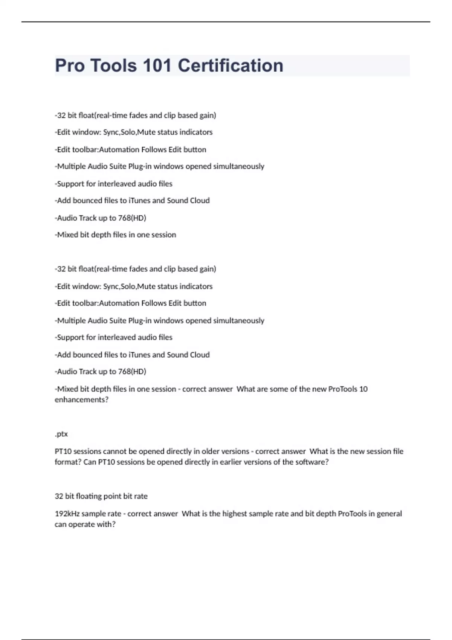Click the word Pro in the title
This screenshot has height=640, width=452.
[70, 66]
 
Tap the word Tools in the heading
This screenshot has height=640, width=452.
[113, 66]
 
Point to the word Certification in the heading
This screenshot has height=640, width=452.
[230, 66]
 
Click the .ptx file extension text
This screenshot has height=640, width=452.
[61, 434]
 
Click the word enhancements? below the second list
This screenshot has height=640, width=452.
[81, 400]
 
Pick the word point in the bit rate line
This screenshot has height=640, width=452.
[113, 496]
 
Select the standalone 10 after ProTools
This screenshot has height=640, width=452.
[363, 389]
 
